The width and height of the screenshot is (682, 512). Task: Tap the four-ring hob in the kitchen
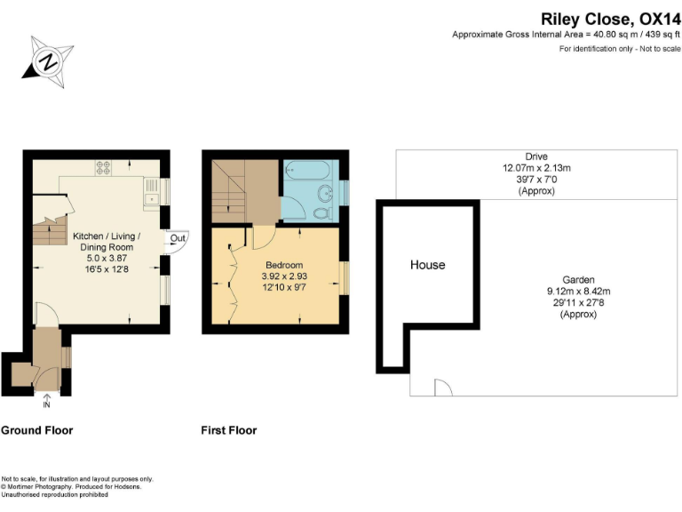click(x=102, y=167)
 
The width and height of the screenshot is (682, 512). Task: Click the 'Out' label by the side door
click(x=178, y=238)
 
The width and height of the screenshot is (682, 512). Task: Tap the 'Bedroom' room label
click(x=284, y=265)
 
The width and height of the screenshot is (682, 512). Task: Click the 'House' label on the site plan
click(x=427, y=265)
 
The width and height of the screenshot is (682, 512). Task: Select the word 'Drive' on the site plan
click(x=536, y=156)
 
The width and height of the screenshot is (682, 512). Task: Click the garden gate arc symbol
click(x=441, y=388)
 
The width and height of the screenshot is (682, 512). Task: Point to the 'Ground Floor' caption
click(x=36, y=430)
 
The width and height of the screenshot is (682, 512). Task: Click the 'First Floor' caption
click(x=229, y=430)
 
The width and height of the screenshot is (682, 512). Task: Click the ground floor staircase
click(x=44, y=233)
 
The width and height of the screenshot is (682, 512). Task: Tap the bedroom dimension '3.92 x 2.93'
click(x=284, y=276)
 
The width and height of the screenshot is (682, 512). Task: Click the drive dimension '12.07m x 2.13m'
click(x=536, y=168)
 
